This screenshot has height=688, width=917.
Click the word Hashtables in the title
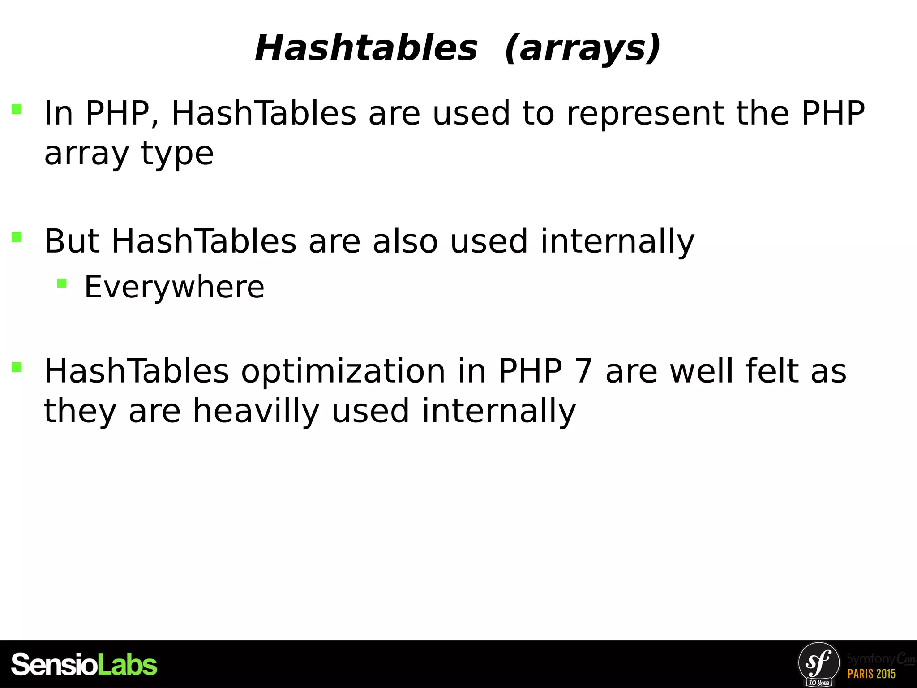pyautogui.click(x=366, y=48)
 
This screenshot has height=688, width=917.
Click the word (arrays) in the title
pyautogui.click(x=582, y=49)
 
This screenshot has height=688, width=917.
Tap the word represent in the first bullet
pyautogui.click(x=645, y=113)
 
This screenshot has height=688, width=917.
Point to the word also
pyautogui.click(x=405, y=241)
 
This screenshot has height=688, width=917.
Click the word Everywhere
pyautogui.click(x=174, y=287)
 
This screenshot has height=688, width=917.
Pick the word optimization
pyautogui.click(x=343, y=371)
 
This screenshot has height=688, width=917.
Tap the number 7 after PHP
pyautogui.click(x=583, y=371)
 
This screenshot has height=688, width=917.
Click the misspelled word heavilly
pyautogui.click(x=256, y=411)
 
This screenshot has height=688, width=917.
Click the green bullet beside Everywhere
pyautogui.click(x=62, y=283)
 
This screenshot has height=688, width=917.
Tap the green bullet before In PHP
pyautogui.click(x=17, y=109)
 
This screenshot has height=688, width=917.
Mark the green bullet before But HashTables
pyautogui.click(x=17, y=237)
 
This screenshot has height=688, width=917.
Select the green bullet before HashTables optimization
pyautogui.click(x=17, y=367)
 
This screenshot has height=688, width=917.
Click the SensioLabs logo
pyautogui.click(x=84, y=665)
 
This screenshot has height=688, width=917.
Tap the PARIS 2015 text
pyautogui.click(x=871, y=674)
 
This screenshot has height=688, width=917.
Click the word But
pyautogui.click(x=72, y=241)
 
